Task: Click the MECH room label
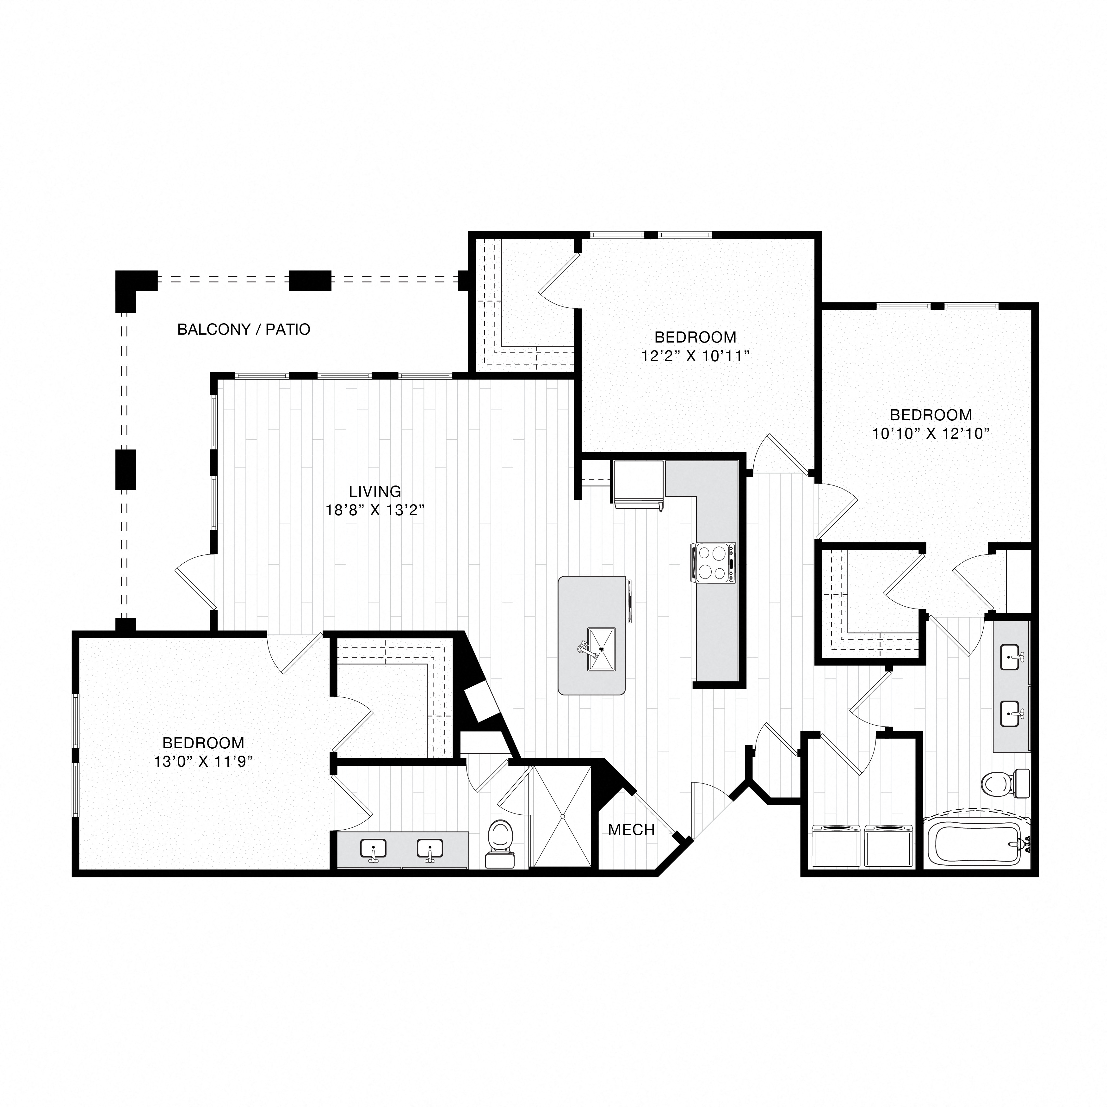(x=631, y=830)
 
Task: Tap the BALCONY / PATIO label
(x=244, y=330)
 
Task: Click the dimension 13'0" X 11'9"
(x=203, y=762)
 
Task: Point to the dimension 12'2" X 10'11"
(x=695, y=356)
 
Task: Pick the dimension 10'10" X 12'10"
(x=931, y=434)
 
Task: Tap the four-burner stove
(x=713, y=563)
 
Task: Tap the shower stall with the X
(x=562, y=816)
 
